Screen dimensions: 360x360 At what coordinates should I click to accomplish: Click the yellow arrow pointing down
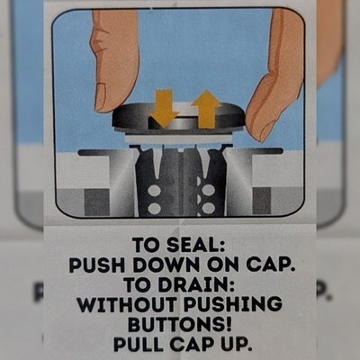165,108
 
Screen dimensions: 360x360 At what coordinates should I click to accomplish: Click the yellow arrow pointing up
207,109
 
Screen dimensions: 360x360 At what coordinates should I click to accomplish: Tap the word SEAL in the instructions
195,245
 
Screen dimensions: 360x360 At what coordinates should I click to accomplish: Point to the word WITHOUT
128,305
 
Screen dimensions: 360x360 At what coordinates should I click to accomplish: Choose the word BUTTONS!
180,325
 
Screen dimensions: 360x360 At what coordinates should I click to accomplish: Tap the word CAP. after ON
269,265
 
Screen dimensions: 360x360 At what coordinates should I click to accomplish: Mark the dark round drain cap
179,118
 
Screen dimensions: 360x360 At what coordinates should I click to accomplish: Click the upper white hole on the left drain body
155,191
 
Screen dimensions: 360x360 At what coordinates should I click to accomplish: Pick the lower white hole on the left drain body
155,208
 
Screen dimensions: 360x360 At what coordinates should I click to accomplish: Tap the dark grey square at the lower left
96,202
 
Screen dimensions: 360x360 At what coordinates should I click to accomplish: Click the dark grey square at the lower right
262,202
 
